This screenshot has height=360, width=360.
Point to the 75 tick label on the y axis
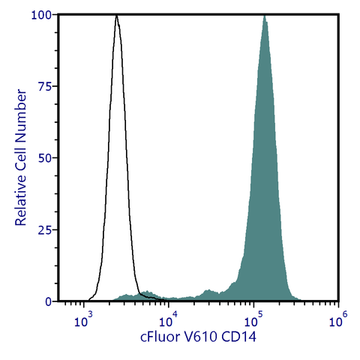click(x=44, y=86)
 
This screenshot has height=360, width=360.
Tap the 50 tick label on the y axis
click(x=44, y=158)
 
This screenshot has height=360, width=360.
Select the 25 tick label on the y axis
click(x=44, y=229)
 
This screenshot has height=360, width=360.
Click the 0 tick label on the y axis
click(x=47, y=301)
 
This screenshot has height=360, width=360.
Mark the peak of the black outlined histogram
click(x=116, y=16)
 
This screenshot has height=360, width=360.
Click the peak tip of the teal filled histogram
click(x=264, y=16)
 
